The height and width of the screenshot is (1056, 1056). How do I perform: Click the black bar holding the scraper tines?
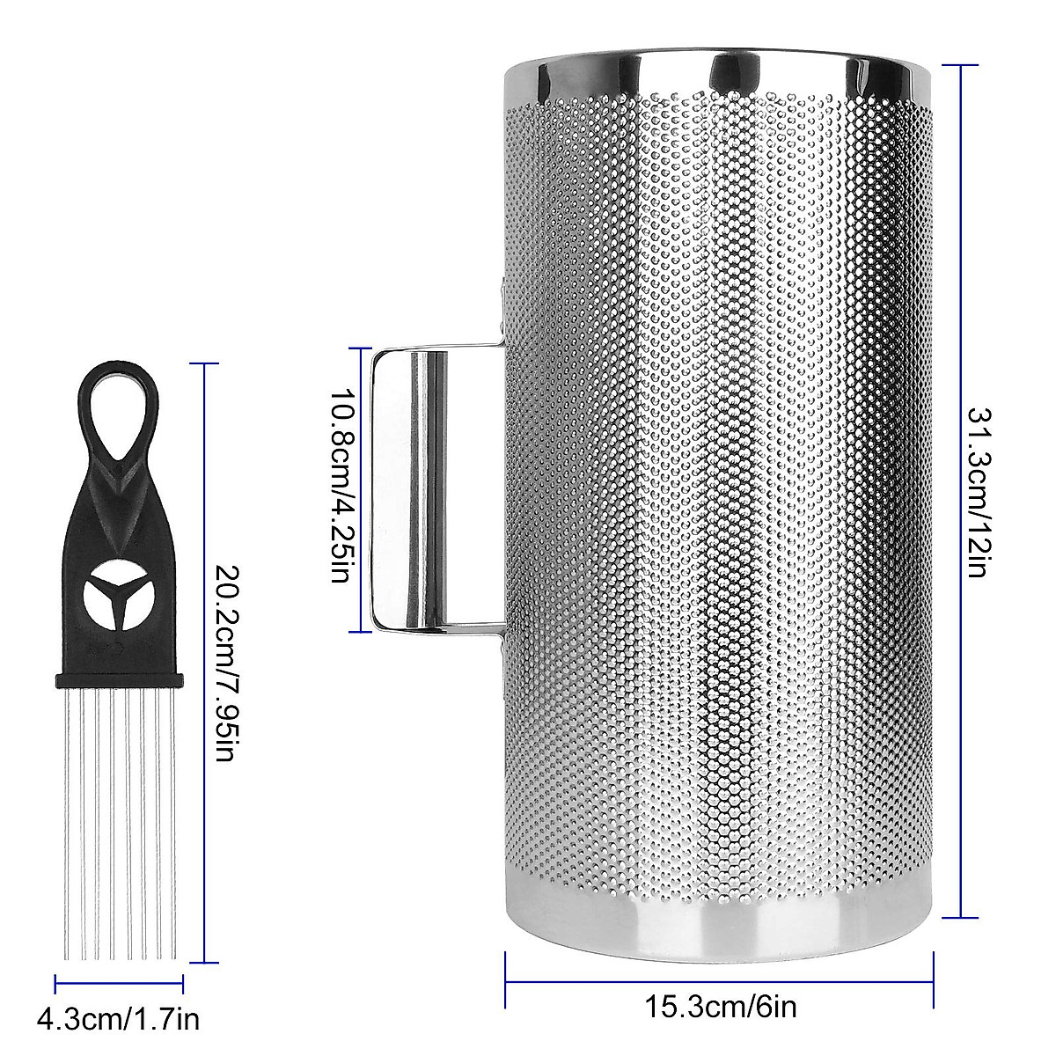pos(119,679)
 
